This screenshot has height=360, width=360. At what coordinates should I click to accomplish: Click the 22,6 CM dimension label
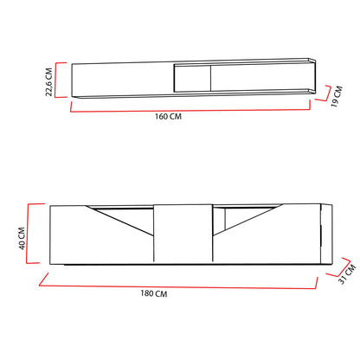pyautogui.click(x=49, y=82)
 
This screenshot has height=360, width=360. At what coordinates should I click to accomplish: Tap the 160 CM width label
pyautogui.click(x=168, y=117)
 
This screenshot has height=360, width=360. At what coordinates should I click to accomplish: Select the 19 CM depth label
pyautogui.click(x=337, y=96)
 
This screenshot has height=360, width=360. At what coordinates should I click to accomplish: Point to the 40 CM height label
pyautogui.click(x=22, y=238)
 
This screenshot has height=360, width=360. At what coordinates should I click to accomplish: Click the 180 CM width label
pyautogui.click(x=154, y=293)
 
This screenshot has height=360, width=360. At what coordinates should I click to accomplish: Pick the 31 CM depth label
pyautogui.click(x=347, y=274)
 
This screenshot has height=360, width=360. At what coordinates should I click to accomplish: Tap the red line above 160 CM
pyautogui.click(x=190, y=111)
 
